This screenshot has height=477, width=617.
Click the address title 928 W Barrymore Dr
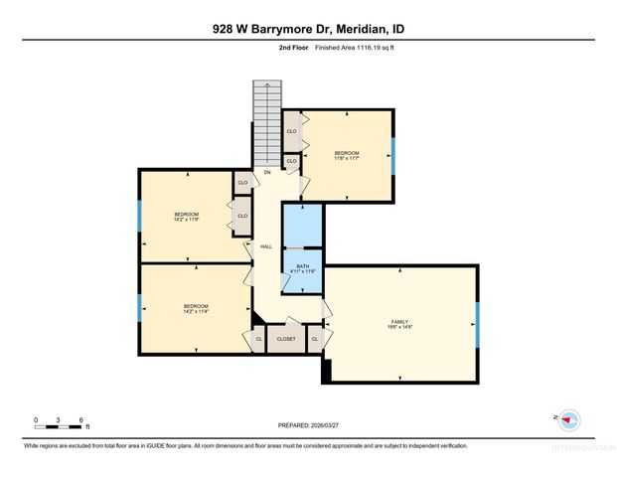(308, 29)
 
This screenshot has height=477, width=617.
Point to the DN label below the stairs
(267, 172)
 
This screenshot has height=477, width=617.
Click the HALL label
(266, 246)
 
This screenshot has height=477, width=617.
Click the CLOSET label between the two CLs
(286, 339)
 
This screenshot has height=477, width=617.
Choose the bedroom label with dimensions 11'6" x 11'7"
(346, 153)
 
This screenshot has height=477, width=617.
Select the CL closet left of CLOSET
(258, 339)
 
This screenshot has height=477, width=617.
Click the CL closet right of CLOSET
(315, 339)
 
